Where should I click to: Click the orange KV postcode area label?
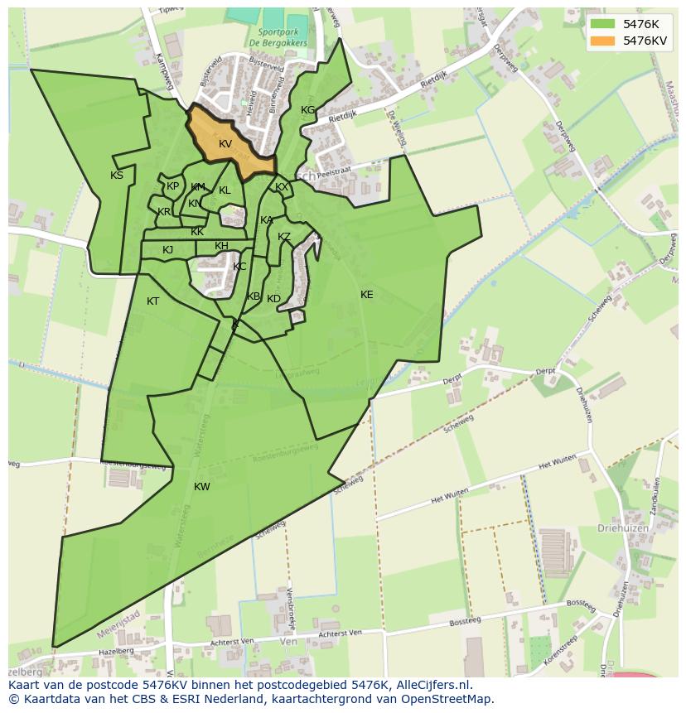(225, 144)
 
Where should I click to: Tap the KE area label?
(366, 295)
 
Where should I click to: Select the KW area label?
(202, 487)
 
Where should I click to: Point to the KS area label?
(117, 176)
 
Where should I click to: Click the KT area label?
(152, 301)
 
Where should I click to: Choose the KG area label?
(307, 110)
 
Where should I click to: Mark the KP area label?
(172, 186)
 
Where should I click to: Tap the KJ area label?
(167, 250)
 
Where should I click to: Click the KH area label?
(221, 246)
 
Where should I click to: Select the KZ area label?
(284, 237)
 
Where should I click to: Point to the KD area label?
(273, 299)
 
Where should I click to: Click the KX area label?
(282, 187)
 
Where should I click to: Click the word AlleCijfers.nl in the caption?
(432, 685)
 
